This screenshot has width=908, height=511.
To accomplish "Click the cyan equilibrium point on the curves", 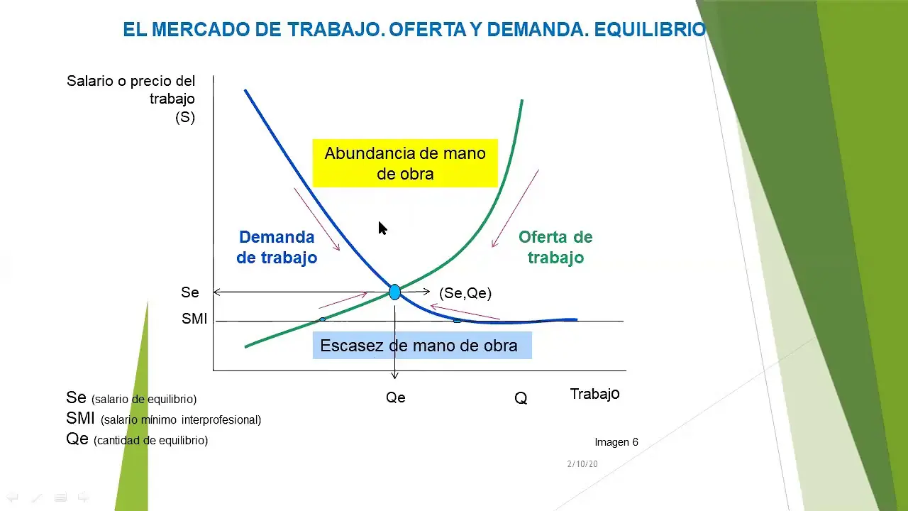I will tap(395, 292).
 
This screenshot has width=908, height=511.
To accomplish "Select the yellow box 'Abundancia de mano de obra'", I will tap(405, 163).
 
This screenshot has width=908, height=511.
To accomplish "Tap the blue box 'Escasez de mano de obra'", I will tap(421, 346).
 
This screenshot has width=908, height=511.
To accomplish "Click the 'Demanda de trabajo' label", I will tap(277, 247).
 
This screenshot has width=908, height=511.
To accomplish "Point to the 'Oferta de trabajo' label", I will tap(555, 247).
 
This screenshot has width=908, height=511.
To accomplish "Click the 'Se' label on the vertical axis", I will tap(190, 292).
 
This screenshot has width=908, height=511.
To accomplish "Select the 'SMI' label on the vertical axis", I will tap(194, 319).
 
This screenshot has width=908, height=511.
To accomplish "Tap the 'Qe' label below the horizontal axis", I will tap(396, 397).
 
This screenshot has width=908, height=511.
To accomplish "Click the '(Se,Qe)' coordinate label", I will tap(465, 293).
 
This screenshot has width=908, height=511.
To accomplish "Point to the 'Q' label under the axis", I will tap(521, 399).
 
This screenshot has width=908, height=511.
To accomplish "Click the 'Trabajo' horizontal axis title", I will tap(594, 394).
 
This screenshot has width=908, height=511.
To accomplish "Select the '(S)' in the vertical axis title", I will tap(185, 118).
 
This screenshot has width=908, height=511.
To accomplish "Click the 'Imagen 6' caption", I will tap(616, 442).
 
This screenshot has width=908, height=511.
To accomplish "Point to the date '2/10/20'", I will tap(582, 464).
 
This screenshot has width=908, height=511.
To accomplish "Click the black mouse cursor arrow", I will tap(382, 229).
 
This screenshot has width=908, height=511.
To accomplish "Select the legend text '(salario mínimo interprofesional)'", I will tap(181, 420).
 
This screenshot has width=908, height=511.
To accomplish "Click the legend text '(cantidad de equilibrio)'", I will tap(150, 441).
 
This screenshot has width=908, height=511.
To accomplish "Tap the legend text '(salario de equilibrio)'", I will tap(144, 400).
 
